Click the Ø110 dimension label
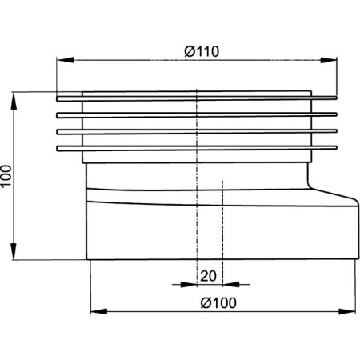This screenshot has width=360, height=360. [x=202, y=51]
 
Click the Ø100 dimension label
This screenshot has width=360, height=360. [x=218, y=303]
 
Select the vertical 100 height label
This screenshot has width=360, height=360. [x=6, y=176]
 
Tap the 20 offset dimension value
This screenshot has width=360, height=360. [x=208, y=276]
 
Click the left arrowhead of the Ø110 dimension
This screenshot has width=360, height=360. [x=65, y=60]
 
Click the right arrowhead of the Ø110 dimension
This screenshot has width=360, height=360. [x=329, y=60]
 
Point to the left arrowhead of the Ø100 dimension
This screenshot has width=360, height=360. [x=99, y=311]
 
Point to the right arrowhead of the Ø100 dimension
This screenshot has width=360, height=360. [x=347, y=311]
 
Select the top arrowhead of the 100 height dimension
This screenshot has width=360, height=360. [x=14, y=101]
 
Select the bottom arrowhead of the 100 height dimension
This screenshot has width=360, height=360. [x=14, y=251]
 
